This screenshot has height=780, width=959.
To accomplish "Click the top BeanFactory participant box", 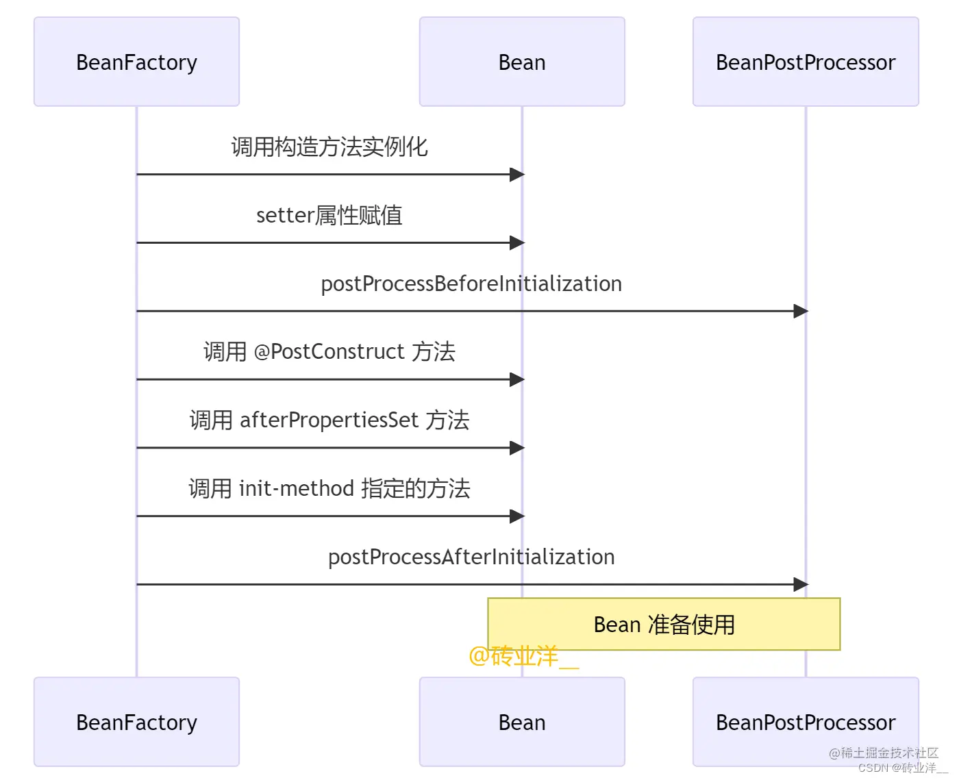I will [136, 62].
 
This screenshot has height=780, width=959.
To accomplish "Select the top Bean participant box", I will [522, 62].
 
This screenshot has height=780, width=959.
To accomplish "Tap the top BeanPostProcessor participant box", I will [806, 62].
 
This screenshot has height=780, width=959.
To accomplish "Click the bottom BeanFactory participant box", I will [136, 722].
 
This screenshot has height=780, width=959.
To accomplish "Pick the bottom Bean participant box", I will [522, 722].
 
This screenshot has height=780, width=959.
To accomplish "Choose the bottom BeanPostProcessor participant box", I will [806, 722].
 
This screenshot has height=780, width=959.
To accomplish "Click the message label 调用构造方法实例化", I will [329, 147].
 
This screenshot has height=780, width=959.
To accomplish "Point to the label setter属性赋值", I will [329, 215].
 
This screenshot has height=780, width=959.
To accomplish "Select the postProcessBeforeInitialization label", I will [471, 284].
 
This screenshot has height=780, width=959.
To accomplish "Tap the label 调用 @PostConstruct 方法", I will [329, 351].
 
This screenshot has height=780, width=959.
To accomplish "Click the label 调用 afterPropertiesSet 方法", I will [329, 420].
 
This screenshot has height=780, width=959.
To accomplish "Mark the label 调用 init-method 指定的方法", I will [329, 488].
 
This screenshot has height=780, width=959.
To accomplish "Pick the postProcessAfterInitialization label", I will [471, 557].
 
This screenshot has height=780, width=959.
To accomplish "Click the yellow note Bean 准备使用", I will [664, 624].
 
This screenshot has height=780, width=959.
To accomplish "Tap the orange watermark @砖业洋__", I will [523, 656].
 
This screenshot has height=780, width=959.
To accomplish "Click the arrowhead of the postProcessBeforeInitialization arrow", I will [800, 311].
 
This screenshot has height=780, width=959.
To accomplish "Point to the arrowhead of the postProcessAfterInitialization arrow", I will [800, 584].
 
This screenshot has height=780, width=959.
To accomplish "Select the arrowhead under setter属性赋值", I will [516, 242].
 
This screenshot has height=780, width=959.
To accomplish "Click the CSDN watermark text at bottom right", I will [902, 768].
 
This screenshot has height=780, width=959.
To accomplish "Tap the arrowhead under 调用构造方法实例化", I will [516, 174].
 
